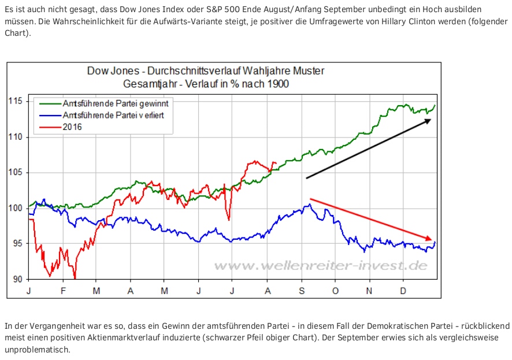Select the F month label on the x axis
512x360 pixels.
pyautogui.click(x=64, y=291)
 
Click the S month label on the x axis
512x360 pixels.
pyautogui.click(x=301, y=291)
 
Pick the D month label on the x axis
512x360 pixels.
pyautogui.click(x=403, y=291)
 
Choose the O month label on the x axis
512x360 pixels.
pyautogui.click(x=335, y=291)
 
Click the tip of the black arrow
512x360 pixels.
pyautogui.click(x=431, y=119)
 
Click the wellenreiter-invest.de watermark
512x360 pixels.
pyautogui.click(x=320, y=266)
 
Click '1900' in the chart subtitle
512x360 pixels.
pyautogui.click(x=275, y=83)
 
